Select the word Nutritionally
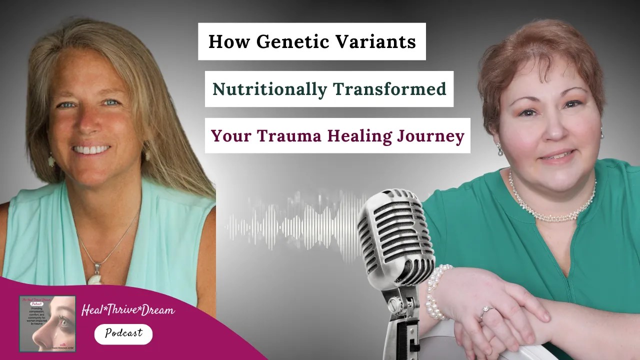268,89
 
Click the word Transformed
389,89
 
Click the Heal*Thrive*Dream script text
128,310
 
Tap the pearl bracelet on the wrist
436,292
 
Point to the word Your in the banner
227,135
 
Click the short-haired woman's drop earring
499,148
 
